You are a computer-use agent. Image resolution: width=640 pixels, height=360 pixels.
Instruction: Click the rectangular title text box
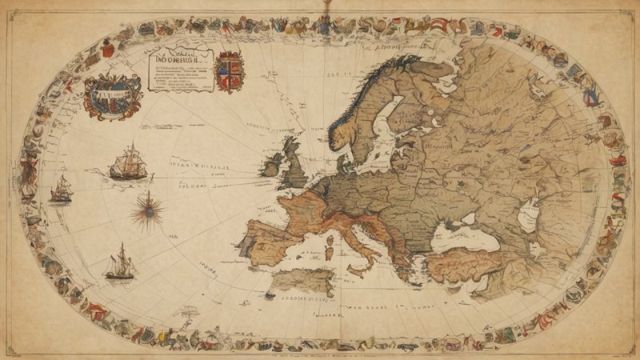pos(178,70)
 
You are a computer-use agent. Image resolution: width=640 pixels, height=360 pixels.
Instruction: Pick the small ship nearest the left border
pos(62,189)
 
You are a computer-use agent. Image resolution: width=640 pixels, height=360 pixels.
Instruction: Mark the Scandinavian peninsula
pos(372,104)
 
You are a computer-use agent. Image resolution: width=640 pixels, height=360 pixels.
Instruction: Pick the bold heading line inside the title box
pos(178,58)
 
